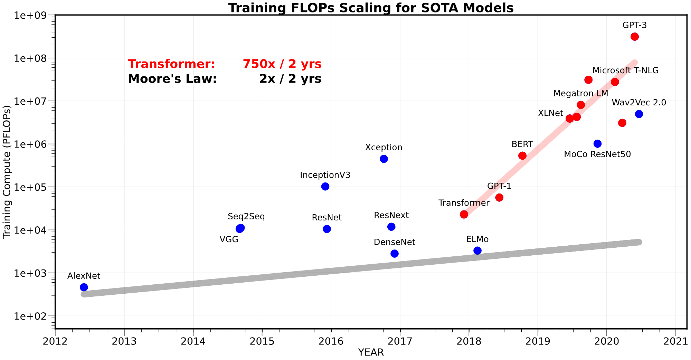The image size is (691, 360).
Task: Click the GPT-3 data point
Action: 634,37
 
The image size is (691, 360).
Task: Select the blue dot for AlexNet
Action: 84,287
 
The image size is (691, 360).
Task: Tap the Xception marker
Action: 384,159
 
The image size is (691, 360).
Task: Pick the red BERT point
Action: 522,156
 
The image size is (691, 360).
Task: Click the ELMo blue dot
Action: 477,250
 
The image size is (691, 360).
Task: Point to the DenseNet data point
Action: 395,254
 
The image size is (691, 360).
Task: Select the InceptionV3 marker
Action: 325,187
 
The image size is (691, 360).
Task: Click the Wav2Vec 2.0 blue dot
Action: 639,114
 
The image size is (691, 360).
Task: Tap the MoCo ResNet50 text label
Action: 597,154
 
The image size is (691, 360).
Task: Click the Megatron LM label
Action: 581,93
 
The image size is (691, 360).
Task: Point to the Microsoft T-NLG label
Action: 625,70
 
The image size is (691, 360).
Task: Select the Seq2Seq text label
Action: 246,217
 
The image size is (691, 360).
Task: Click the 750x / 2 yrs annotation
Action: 282,64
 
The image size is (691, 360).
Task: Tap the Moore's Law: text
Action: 172,79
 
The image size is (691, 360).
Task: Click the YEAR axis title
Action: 371,352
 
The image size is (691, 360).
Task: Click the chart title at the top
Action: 371,8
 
